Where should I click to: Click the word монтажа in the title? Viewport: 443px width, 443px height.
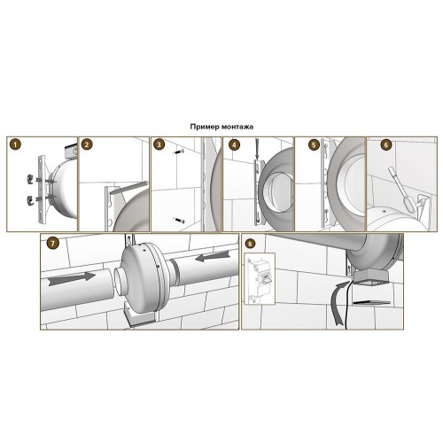tap(238, 127)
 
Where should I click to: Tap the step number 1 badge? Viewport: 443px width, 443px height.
tap(15, 144)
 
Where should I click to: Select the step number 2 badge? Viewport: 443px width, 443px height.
tap(87, 144)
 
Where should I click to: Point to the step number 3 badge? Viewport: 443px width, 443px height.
tap(159, 144)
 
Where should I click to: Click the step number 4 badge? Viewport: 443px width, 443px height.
tap(235, 144)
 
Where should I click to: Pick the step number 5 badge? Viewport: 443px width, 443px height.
tap(314, 144)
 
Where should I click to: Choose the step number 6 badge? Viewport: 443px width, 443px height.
tap(386, 144)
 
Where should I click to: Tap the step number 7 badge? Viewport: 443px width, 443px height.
tap(53, 244)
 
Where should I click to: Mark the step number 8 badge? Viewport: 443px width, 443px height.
tap(250, 244)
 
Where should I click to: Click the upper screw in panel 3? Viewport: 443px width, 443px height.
tap(178, 152)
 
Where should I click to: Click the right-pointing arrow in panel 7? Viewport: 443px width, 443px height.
tap(72, 278)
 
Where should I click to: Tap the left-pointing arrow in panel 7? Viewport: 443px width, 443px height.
tap(213, 256)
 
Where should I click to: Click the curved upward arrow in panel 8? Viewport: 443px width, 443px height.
tap(339, 303)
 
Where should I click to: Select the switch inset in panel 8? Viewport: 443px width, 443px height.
tap(260, 278)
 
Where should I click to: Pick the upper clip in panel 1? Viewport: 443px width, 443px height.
tap(29, 178)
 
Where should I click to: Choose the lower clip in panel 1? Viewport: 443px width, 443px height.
tap(29, 199)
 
